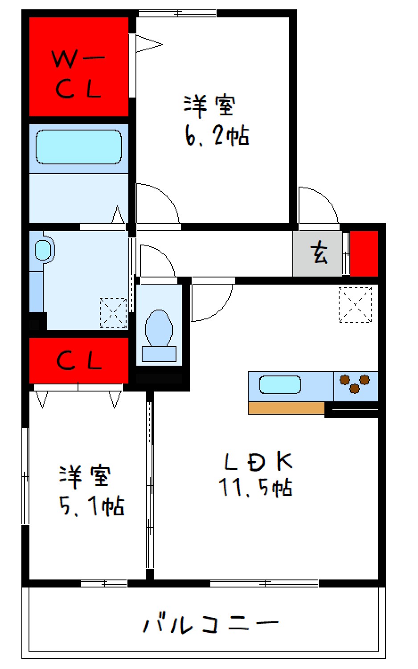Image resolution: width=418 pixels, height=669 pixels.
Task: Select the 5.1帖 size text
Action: (91, 506)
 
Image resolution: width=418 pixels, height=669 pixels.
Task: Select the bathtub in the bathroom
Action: (79, 147)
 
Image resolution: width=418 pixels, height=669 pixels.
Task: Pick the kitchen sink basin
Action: (280, 385)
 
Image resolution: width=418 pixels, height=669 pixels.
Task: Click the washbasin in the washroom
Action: (43, 250)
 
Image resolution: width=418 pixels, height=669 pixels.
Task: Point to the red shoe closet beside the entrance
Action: (364, 254)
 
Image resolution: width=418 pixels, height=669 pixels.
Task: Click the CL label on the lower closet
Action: (79, 360)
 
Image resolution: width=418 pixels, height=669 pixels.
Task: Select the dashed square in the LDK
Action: (355, 305)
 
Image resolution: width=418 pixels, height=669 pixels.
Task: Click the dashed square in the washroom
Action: (113, 313)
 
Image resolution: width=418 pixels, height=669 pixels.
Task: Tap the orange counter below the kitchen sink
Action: (286, 408)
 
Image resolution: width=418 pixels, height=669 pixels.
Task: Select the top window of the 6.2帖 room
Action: (177, 13)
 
